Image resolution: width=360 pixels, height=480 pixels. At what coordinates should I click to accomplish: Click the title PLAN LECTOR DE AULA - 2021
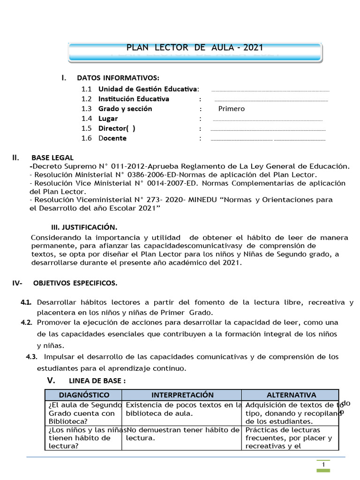195,47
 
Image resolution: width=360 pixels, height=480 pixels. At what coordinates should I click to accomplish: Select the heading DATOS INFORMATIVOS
118,77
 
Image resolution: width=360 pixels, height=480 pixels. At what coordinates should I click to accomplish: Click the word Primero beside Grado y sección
231,109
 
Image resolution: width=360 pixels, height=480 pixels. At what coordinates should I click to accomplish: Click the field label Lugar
108,119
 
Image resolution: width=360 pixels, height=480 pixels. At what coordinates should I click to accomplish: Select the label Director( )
117,128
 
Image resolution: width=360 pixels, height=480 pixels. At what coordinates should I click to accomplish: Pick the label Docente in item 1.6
112,138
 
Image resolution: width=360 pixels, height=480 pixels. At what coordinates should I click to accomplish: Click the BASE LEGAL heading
52,157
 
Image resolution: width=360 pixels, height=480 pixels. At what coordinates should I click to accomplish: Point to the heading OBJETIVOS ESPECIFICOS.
75,283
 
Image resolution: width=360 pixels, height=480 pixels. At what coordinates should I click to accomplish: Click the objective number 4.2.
26,323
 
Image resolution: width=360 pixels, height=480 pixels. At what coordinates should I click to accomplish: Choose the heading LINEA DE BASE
97,381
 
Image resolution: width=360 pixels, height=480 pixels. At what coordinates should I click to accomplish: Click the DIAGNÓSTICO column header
84,395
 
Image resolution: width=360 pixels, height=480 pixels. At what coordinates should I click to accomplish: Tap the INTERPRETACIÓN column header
182,395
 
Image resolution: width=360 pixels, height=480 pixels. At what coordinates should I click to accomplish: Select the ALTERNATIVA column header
291,395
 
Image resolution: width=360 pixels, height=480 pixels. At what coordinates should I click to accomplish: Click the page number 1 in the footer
323,464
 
